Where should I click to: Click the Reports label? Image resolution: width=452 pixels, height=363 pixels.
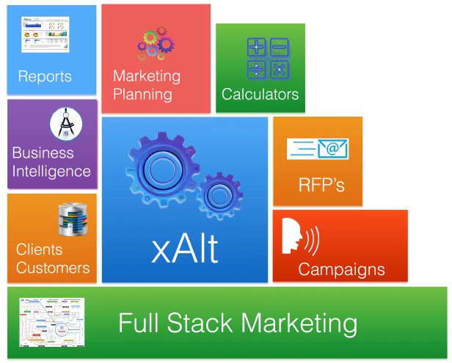pos(45,76)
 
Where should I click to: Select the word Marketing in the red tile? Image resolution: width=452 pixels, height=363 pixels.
pos(147,76)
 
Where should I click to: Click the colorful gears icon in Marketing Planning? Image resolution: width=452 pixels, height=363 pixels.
pos(155,44)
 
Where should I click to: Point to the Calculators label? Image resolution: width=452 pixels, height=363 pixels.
pos(260,95)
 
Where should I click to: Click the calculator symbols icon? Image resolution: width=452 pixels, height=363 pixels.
pos(267,58)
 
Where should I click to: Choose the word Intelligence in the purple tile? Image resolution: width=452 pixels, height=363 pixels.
pos(51,172)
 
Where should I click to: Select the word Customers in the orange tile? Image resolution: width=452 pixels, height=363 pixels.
pos(53,268)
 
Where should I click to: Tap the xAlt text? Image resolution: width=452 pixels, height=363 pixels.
pos(185,249)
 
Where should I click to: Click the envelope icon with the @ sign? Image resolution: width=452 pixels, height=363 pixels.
pos(318,149)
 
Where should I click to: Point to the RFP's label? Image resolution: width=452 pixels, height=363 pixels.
pos(321,186)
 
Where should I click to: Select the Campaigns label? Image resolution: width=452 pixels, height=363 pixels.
pos(341,269)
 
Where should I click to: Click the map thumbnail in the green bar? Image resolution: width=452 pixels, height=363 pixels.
pos(51,323)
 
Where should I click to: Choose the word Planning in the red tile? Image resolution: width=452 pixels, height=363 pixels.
pos(142,94)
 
